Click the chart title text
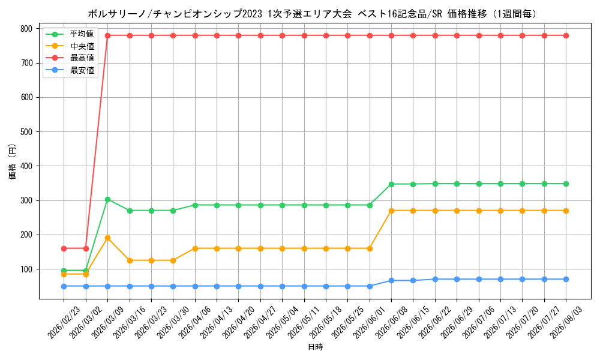click(x=312, y=14)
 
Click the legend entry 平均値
click(x=82, y=34)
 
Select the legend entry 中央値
click(x=82, y=46)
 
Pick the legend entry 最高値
click(x=82, y=58)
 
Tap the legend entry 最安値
click(x=82, y=70)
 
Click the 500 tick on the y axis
click(x=26, y=131)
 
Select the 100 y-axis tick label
click(x=26, y=269)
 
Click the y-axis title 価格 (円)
click(x=12, y=162)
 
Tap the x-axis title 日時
click(x=316, y=347)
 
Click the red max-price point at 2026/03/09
click(x=107, y=35)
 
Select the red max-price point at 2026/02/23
click(x=64, y=248)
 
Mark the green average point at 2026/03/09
click(x=107, y=199)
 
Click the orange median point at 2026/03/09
click(x=107, y=238)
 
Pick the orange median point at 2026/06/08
click(x=391, y=211)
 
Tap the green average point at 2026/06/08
click(x=391, y=184)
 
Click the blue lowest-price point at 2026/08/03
click(x=566, y=279)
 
